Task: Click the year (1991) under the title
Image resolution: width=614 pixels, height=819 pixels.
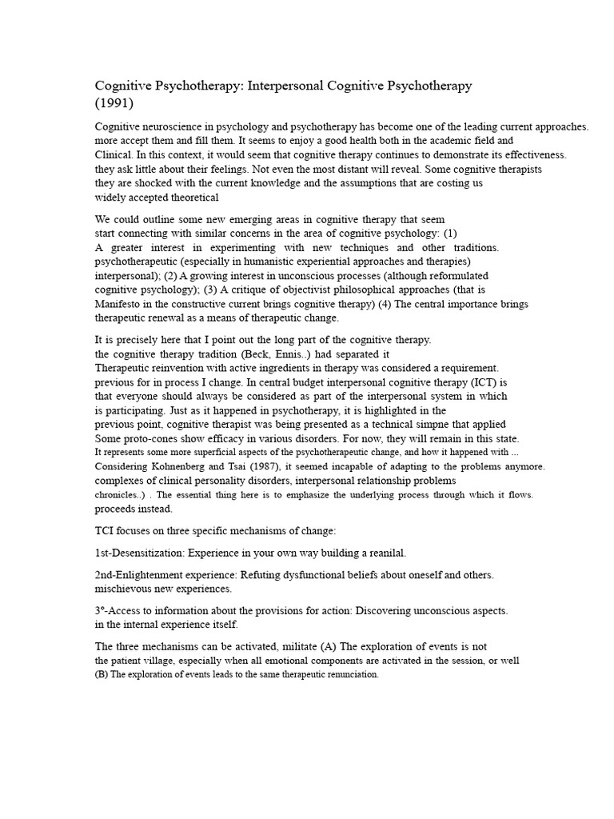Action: click(115, 103)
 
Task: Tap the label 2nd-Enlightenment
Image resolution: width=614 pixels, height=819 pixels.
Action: click(147, 575)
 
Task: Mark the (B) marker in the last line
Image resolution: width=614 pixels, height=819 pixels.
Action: click(101, 674)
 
